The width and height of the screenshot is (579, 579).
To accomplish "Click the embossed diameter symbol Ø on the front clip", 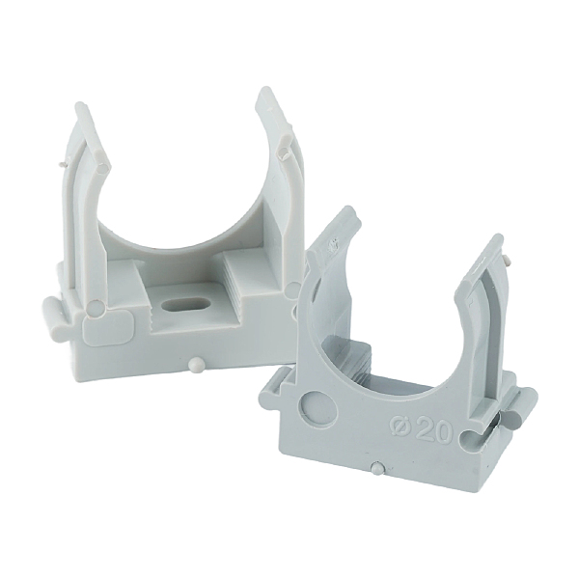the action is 400,428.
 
